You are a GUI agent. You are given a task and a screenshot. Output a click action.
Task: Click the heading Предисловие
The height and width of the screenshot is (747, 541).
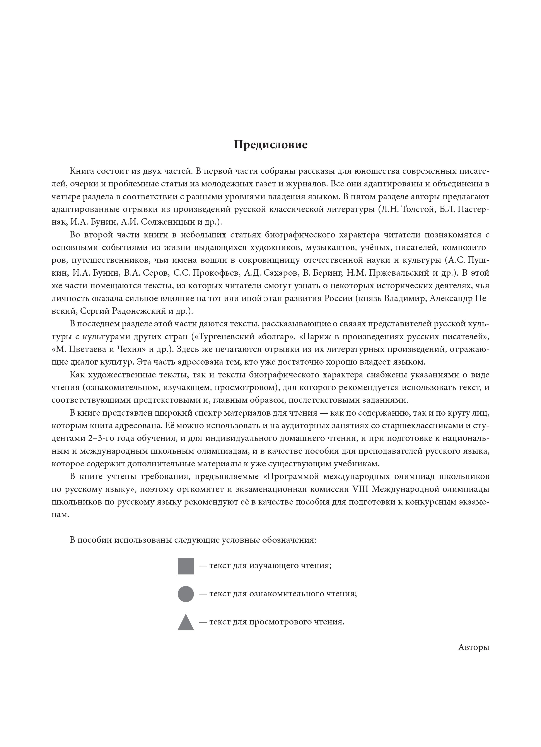270,145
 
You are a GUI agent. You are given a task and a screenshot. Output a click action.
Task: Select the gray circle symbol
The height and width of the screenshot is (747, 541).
186,594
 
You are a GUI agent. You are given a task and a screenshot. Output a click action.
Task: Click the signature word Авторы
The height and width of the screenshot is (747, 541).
473,647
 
